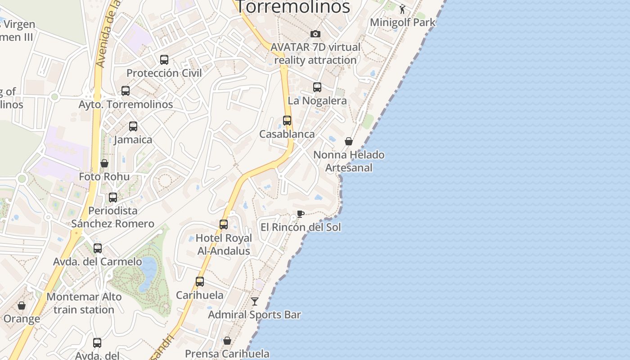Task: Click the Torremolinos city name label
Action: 293,7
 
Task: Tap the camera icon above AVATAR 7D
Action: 315,34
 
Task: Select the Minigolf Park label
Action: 403,22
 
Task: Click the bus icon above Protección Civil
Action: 164,59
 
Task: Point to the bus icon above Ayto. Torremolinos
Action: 126,91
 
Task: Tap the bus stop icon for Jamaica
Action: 133,126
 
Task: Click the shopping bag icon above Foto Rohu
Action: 104,163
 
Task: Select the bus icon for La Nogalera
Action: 317,87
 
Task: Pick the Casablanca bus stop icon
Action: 287,121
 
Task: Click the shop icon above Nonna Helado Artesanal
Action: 349,141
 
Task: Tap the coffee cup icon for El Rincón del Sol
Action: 301,214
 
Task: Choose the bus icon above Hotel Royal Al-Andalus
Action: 224,225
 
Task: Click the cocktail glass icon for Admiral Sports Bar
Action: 255,301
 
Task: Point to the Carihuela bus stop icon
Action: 200,282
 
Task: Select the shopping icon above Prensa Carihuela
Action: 227,341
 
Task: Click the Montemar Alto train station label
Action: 84,303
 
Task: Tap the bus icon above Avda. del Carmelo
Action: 98,248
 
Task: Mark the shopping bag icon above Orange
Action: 22,306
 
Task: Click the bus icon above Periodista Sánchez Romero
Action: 113,197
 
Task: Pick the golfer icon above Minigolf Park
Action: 402,9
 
